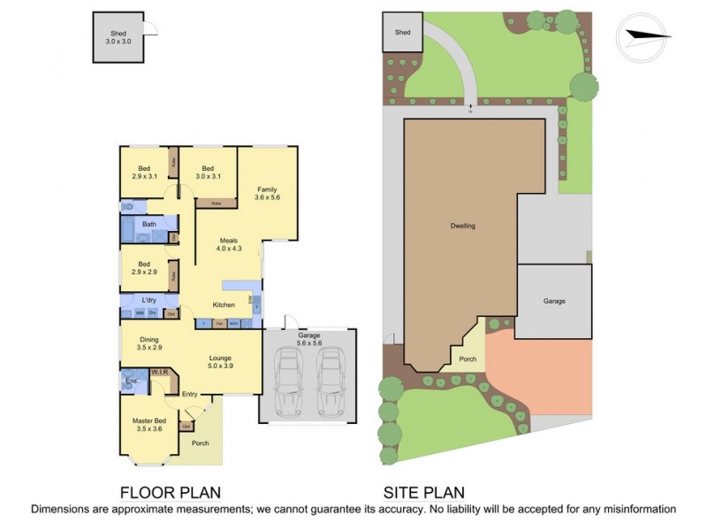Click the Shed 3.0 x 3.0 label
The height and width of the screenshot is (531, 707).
(118, 37)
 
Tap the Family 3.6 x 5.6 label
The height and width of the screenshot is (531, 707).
(267, 193)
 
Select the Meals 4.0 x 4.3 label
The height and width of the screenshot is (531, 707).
(228, 245)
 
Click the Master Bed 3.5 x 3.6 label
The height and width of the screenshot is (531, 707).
(149, 424)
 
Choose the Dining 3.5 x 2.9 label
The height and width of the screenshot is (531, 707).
(149, 343)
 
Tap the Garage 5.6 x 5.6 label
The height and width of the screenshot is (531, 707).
(308, 339)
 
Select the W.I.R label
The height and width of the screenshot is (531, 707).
(159, 373)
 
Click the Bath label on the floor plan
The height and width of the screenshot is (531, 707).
(149, 225)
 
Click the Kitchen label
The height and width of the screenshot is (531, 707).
(224, 305)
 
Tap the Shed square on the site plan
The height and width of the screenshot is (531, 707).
(403, 33)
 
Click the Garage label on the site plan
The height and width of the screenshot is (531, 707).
(554, 301)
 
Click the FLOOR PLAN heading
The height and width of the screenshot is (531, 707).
(170, 492)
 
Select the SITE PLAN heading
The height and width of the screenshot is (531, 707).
(424, 492)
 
